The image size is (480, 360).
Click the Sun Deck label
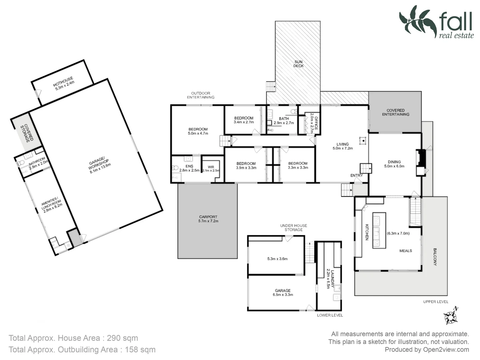(298, 64)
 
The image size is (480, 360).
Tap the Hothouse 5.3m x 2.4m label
(63, 84)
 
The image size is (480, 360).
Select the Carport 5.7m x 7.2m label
(208, 219)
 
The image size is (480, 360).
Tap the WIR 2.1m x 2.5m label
(211, 169)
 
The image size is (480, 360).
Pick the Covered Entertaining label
(395, 112)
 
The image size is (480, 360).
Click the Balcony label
(435, 256)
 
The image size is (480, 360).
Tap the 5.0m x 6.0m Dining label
(394, 164)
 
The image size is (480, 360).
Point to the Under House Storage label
(293, 228)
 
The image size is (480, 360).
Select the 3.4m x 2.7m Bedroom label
(244, 120)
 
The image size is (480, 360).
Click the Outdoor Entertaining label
(200, 95)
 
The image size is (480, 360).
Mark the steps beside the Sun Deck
(271, 87)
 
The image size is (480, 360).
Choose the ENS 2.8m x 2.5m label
(189, 168)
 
